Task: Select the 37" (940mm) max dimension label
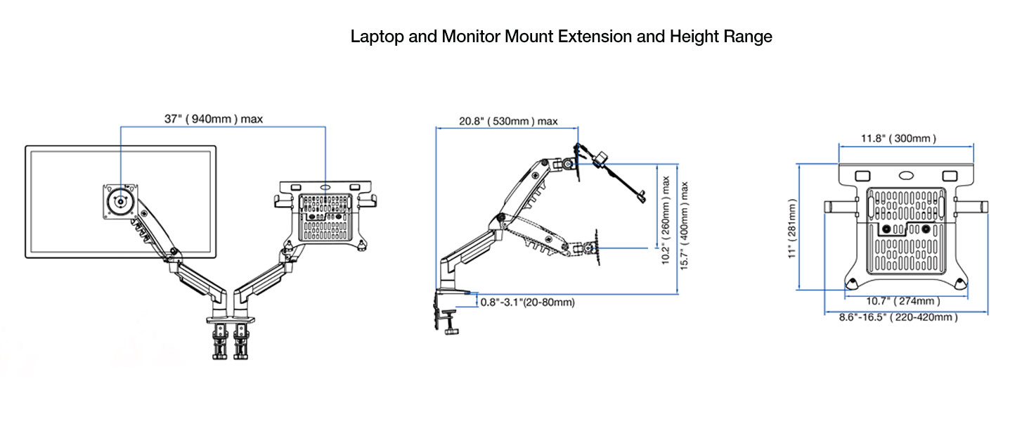[214, 119]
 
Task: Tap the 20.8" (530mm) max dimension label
[508, 121]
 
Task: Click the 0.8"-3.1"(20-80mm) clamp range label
[527, 302]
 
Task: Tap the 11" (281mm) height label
[793, 229]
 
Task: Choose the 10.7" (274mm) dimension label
[902, 301]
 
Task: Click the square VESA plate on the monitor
[122, 200]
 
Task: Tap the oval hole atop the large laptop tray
[906, 174]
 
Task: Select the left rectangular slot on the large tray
[862, 174]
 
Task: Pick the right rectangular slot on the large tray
[950, 174]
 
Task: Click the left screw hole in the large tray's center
[887, 229]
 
